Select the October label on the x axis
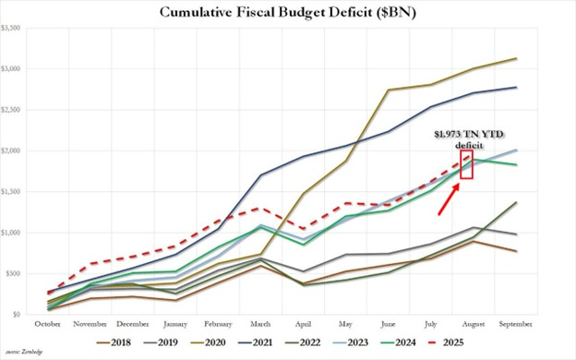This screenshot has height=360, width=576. click(x=48, y=324)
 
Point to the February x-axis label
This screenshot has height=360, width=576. click(x=218, y=324)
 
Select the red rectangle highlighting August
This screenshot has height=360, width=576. click(x=466, y=166)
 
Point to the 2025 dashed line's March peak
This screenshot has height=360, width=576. click(x=261, y=209)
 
